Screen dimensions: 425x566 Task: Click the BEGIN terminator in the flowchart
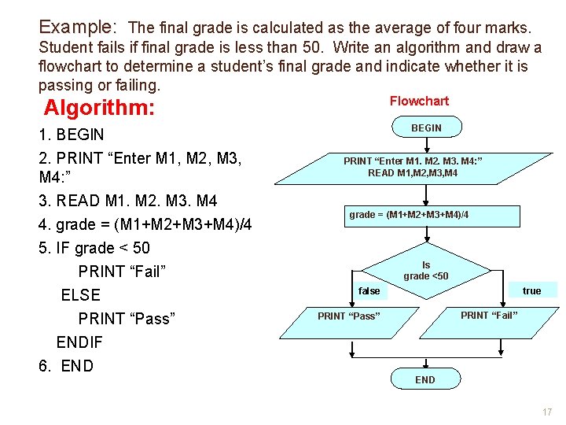click(x=426, y=128)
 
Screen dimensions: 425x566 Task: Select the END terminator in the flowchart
click(x=424, y=379)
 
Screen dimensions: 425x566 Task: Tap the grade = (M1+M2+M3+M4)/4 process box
click(x=409, y=215)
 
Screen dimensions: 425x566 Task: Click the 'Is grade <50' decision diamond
click(x=426, y=271)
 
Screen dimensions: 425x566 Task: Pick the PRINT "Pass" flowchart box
click(x=348, y=316)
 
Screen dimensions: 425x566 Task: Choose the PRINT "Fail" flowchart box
click(x=489, y=316)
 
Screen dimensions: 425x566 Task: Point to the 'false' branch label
click(x=369, y=291)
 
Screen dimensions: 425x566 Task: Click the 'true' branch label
click(x=531, y=291)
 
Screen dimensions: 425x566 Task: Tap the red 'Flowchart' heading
click(x=419, y=101)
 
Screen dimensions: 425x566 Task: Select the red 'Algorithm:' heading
click(x=98, y=108)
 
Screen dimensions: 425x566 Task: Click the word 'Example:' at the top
click(x=78, y=28)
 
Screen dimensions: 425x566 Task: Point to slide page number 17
click(x=546, y=412)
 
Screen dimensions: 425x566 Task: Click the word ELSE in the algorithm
click(x=81, y=295)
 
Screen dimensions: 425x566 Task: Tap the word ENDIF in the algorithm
click(x=79, y=342)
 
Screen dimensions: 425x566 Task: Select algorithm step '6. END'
click(x=66, y=366)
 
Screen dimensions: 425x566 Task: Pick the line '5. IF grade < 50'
click(x=94, y=248)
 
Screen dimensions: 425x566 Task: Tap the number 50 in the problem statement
click(x=302, y=48)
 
